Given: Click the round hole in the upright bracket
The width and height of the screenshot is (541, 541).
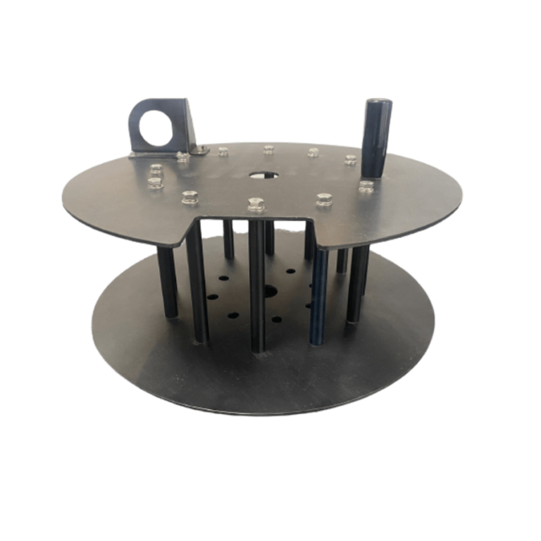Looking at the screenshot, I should (x=154, y=125).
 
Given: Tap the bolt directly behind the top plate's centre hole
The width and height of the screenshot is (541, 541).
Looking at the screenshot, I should (x=267, y=149).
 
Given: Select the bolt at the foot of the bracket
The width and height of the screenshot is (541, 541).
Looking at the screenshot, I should (x=181, y=155).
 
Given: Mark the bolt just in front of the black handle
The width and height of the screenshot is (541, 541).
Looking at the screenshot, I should (x=365, y=186).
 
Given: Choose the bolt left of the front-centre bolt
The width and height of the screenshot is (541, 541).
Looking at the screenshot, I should (x=187, y=197).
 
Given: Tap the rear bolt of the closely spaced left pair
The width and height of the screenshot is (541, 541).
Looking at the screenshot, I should (x=156, y=170).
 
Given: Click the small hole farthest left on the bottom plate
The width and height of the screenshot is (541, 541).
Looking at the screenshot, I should (x=211, y=295).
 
